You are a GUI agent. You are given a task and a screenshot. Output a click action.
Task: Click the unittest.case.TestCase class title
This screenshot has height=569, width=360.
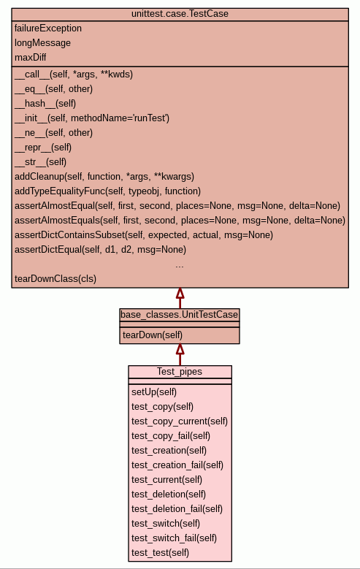(x=180, y=14)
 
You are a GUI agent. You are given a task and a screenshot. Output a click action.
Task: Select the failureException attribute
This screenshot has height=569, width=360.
(x=48, y=28)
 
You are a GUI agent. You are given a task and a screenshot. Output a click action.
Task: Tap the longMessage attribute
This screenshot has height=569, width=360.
(x=42, y=43)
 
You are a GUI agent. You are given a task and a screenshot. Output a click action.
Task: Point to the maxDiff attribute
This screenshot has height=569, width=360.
(x=30, y=57)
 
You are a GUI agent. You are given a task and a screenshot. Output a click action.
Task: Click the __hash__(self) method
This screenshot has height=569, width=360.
(x=45, y=104)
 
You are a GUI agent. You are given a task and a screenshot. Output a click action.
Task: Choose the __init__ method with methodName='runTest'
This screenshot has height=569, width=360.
(x=92, y=118)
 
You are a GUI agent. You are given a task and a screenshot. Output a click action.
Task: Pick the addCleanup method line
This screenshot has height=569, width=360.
(x=104, y=177)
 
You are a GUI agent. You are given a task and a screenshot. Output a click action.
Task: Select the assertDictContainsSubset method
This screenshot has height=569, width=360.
(x=144, y=235)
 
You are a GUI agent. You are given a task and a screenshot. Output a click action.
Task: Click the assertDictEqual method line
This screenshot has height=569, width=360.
(x=100, y=250)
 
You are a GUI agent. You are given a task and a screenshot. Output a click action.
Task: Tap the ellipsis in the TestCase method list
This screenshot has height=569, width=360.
(x=180, y=267)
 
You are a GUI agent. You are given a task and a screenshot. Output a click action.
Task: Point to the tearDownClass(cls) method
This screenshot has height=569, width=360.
(x=55, y=279)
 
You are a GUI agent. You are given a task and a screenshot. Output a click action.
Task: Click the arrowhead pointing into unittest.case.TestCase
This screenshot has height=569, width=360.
(x=180, y=293)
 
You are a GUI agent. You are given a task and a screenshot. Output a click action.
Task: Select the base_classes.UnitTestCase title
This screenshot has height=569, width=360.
(x=180, y=315)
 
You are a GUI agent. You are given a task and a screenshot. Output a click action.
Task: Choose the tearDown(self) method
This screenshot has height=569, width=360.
(x=153, y=335)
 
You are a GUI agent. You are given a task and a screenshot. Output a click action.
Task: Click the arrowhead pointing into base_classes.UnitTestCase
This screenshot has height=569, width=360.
(x=180, y=349)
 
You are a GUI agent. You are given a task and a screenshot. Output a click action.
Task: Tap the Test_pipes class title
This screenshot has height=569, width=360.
(x=180, y=372)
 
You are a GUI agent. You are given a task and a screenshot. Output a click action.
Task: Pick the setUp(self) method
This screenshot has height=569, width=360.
(x=154, y=392)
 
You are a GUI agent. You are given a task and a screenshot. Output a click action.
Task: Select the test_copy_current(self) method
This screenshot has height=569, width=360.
(x=180, y=421)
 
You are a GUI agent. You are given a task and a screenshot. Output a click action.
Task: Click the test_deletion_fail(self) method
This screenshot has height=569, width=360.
(x=177, y=509)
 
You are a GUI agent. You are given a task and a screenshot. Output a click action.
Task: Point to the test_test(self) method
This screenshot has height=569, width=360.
(x=160, y=553)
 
